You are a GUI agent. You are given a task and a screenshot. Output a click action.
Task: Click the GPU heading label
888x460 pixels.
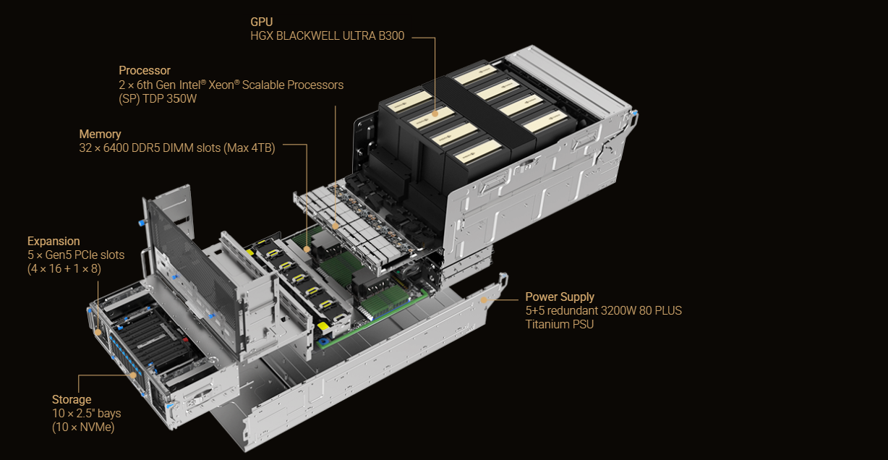(x=261, y=22)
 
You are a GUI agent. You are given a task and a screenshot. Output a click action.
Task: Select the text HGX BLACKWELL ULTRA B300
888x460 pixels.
(x=328, y=35)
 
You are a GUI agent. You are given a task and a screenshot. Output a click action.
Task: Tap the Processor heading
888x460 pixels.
(x=145, y=71)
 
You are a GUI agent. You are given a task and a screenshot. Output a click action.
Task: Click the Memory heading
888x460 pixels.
(x=100, y=134)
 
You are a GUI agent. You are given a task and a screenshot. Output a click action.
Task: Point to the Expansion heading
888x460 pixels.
(x=54, y=241)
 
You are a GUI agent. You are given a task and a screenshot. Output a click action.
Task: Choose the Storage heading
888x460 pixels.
(x=72, y=399)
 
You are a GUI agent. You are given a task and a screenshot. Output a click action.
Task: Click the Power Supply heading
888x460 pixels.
(x=560, y=297)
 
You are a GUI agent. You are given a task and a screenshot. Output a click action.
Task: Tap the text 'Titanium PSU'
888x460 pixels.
(x=560, y=324)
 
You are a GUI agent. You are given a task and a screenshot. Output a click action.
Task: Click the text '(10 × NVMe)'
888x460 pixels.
(x=83, y=427)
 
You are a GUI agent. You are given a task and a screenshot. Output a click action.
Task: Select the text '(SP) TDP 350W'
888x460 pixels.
(x=158, y=99)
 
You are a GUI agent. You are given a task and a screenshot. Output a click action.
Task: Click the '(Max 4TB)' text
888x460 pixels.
(x=249, y=148)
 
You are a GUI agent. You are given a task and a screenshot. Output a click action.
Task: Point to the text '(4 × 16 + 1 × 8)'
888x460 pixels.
(x=64, y=269)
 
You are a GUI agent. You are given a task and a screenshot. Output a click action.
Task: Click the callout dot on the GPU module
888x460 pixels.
(x=435, y=114)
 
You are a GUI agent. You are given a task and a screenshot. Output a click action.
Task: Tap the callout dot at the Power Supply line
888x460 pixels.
(x=484, y=299)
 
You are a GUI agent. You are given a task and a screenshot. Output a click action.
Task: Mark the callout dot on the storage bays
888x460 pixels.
(x=133, y=375)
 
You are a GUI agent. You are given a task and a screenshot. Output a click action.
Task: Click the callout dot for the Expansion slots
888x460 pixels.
(x=98, y=332)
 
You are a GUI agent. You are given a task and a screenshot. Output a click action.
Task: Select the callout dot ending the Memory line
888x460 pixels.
(x=307, y=250)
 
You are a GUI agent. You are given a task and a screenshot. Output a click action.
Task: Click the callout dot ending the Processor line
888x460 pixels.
(x=336, y=226)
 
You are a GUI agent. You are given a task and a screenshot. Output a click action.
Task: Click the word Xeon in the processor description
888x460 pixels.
(x=222, y=85)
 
